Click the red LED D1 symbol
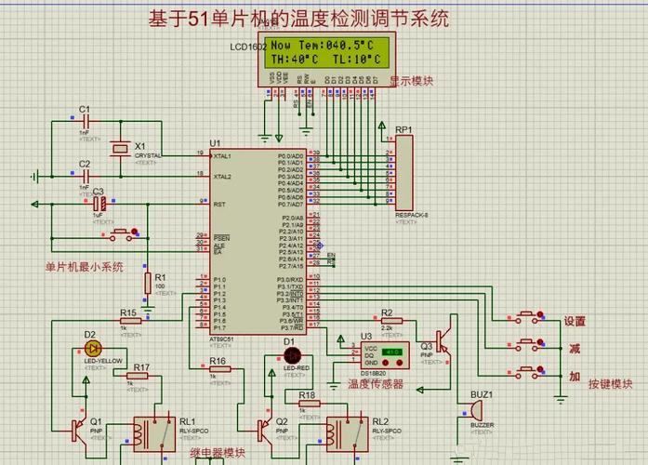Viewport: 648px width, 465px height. tap(292, 354)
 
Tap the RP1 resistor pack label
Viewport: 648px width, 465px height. tap(403, 129)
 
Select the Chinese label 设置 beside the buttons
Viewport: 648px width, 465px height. tap(575, 322)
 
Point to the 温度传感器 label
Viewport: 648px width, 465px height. tap(376, 382)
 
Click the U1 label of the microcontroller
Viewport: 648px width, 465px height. tap(215, 143)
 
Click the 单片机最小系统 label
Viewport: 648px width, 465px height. tap(84, 267)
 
